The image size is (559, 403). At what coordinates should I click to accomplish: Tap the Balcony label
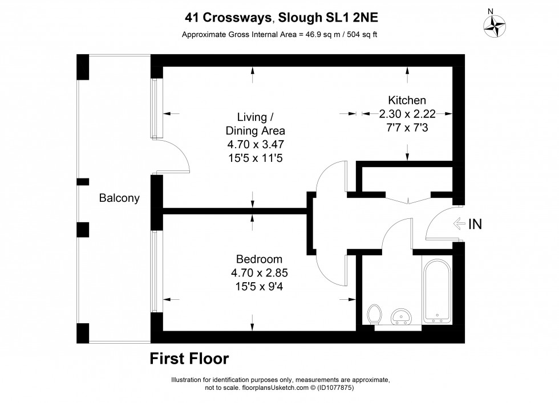pyautogui.click(x=119, y=198)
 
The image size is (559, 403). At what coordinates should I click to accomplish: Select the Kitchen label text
pyautogui.click(x=407, y=100)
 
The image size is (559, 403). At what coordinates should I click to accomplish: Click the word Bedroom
pyautogui.click(x=253, y=259)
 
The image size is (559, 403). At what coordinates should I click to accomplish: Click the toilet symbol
pyautogui.click(x=375, y=314)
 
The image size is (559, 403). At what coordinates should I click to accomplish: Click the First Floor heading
pyautogui.click(x=189, y=359)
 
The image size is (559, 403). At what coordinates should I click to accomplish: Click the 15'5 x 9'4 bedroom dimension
pyautogui.click(x=253, y=287)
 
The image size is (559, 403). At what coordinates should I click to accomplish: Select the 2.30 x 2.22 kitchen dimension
pyautogui.click(x=407, y=114)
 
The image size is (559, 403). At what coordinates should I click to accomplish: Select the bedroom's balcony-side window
pyautogui.click(x=155, y=270)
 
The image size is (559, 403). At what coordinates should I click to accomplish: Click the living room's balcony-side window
pyautogui.click(x=155, y=108)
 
